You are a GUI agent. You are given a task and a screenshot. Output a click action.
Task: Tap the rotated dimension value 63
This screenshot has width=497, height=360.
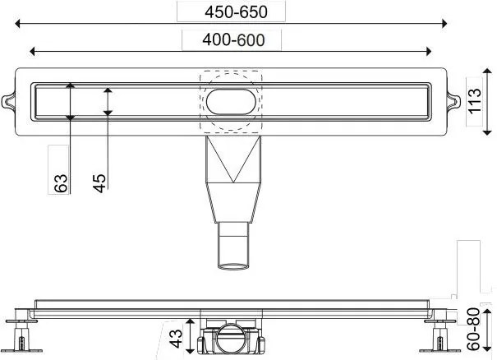coord(59,182)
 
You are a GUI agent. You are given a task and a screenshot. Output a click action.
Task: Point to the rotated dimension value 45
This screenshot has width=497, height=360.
coord(99,182)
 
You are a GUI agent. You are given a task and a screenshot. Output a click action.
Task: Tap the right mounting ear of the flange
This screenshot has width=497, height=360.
coord(450,100)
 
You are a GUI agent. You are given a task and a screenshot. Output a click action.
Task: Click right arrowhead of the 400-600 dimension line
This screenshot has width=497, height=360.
coord(428,51)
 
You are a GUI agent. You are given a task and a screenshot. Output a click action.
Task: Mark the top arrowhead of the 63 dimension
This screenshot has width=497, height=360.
coord(71,85)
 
